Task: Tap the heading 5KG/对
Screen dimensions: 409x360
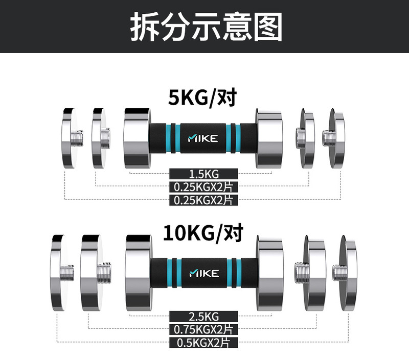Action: click(204, 97)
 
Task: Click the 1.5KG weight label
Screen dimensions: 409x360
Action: click(204, 175)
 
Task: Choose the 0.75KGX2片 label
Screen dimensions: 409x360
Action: click(204, 329)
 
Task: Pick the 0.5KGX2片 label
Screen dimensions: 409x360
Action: click(204, 342)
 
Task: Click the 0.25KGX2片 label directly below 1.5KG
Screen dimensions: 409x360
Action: click(204, 187)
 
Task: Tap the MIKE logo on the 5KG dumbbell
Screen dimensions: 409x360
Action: click(203, 138)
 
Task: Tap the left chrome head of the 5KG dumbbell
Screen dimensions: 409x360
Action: click(136, 138)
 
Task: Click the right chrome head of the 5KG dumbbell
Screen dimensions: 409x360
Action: click(269, 138)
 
